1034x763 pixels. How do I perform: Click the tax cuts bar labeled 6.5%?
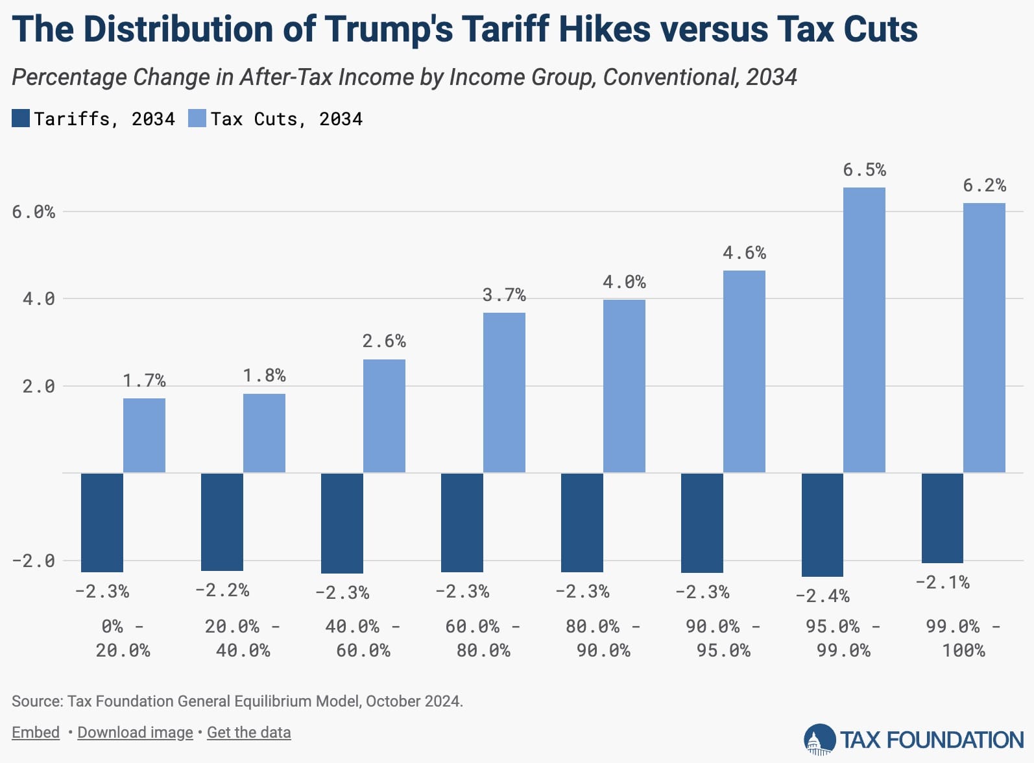click(864, 330)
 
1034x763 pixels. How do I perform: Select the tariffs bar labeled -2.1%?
click(942, 518)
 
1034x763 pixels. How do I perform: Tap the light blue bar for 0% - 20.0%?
click(144, 435)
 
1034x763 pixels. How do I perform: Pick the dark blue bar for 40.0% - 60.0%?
click(342, 523)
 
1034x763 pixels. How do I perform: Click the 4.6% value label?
click(744, 252)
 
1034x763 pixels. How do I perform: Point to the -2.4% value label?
click(822, 596)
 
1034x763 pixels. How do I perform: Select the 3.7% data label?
click(504, 295)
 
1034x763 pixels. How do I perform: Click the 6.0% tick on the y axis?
click(34, 212)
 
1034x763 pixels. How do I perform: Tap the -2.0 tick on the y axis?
click(34, 561)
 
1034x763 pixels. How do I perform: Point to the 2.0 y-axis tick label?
click(39, 387)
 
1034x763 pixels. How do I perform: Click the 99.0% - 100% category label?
click(963, 638)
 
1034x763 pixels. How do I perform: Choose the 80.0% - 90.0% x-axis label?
click(603, 638)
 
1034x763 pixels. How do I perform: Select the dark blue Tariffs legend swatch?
click(21, 119)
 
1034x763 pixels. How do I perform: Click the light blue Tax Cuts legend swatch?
click(197, 119)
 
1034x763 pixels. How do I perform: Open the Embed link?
click(36, 733)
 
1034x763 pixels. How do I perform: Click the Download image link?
click(135, 733)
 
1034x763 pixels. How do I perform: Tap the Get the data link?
click(248, 733)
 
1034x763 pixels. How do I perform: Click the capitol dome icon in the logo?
click(819, 740)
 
